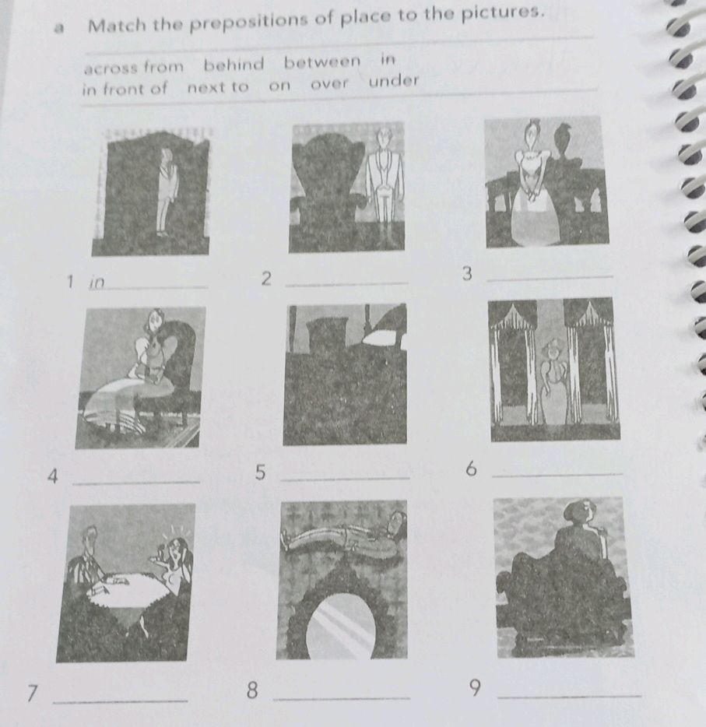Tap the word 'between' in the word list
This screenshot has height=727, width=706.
[322, 61]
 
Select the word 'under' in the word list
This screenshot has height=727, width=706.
[394, 81]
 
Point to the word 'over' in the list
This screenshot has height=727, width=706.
[330, 84]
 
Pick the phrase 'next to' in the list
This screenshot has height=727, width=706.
[218, 87]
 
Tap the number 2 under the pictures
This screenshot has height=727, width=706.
[266, 279]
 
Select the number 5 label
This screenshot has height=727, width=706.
[261, 472]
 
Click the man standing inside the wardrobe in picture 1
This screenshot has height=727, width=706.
[166, 191]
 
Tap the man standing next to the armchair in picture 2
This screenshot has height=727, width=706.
[381, 183]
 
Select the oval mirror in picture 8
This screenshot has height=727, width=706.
[342, 623]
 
